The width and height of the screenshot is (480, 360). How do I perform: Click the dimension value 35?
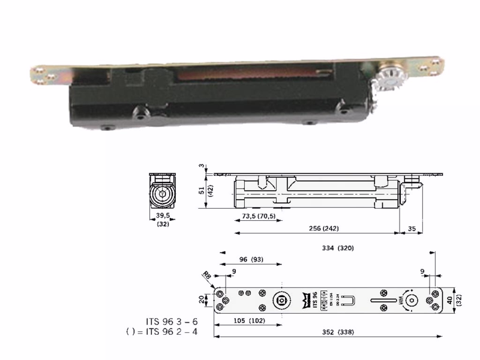[411, 229]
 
